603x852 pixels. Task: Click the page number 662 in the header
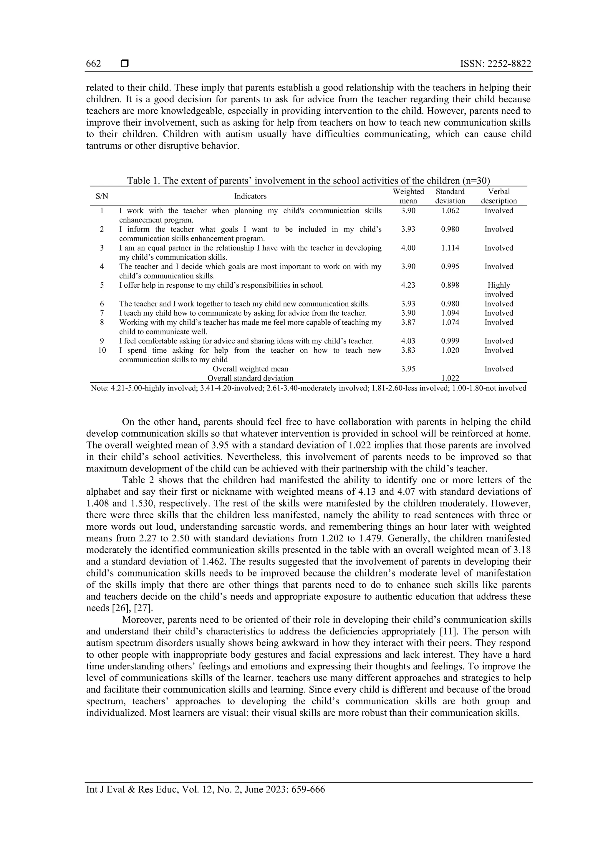[93, 64]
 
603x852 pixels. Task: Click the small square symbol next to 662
[125, 64]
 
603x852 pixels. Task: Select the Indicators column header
[250, 196]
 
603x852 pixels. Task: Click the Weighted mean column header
[408, 196]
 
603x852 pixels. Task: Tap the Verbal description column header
[498, 196]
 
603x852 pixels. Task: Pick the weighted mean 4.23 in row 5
[408, 285]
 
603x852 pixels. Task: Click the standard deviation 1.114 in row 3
[450, 248]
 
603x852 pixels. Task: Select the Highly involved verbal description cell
[498, 290]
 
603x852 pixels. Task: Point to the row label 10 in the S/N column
[102, 350]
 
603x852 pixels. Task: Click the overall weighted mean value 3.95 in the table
[408, 369]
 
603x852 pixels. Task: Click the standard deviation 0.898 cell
[450, 285]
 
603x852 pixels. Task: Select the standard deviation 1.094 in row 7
[450, 313]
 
